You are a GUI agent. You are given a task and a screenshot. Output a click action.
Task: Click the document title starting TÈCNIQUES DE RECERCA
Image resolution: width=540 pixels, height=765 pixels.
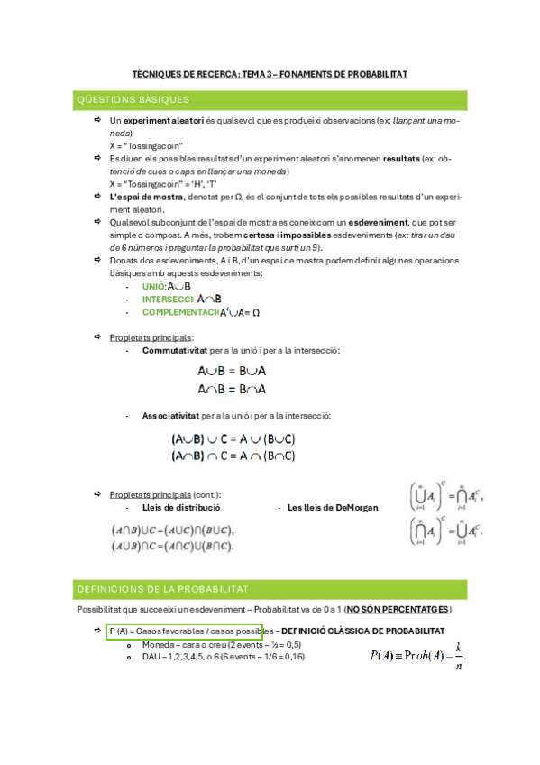click(x=270, y=75)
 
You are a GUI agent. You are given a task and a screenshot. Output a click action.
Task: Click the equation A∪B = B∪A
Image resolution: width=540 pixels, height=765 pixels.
click(x=232, y=371)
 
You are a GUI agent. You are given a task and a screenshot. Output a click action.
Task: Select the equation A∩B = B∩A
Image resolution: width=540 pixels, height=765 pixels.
click(x=232, y=389)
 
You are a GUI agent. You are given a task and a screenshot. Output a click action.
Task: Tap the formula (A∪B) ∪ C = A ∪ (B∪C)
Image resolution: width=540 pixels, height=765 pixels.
click(x=233, y=439)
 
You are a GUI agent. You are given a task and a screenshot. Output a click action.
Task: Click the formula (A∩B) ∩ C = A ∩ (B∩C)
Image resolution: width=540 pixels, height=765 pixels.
click(x=233, y=456)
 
